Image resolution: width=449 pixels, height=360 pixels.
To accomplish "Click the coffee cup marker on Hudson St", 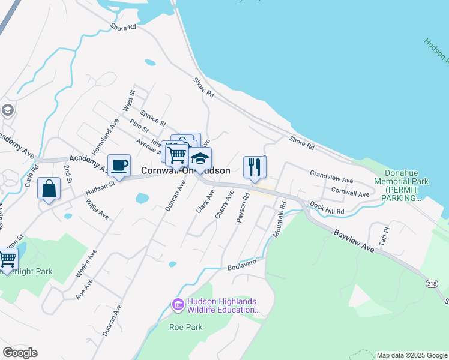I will [119, 166].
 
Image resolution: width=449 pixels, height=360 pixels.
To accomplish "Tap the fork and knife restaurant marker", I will [255, 167].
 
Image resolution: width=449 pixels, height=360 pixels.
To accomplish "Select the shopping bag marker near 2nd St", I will [49, 189].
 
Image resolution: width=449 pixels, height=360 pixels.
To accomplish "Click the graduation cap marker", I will [200, 159].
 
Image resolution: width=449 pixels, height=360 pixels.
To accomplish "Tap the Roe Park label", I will [185, 327].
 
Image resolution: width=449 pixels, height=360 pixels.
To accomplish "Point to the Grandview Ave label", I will [331, 179].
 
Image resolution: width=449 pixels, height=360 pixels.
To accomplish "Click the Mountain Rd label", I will [279, 219].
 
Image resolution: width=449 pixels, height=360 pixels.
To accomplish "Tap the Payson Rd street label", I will [243, 209].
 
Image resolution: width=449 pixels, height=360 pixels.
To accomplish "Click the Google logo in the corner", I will [20, 353].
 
